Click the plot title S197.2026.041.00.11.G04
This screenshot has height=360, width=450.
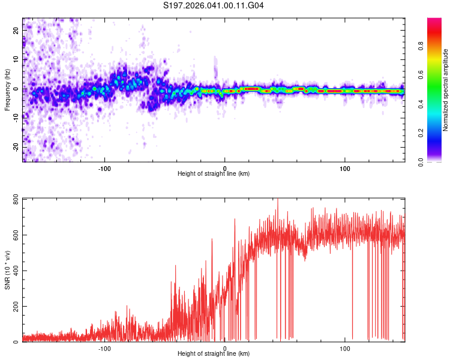(214, 6)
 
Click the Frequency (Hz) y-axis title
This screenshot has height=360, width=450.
(7, 89)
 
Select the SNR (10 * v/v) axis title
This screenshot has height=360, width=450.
(7, 270)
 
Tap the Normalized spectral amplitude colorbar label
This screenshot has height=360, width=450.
(446, 90)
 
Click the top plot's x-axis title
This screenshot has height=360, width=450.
(214, 173)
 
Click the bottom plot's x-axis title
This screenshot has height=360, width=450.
(214, 353)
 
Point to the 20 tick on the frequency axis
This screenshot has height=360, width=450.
(16, 29)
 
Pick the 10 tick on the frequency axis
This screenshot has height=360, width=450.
(16, 59)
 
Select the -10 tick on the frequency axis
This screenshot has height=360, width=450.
(14, 118)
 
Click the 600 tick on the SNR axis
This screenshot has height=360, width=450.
(13, 235)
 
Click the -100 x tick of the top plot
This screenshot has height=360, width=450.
(104, 167)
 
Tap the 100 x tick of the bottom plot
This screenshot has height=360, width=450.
(346, 347)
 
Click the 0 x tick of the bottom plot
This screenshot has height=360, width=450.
(225, 347)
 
